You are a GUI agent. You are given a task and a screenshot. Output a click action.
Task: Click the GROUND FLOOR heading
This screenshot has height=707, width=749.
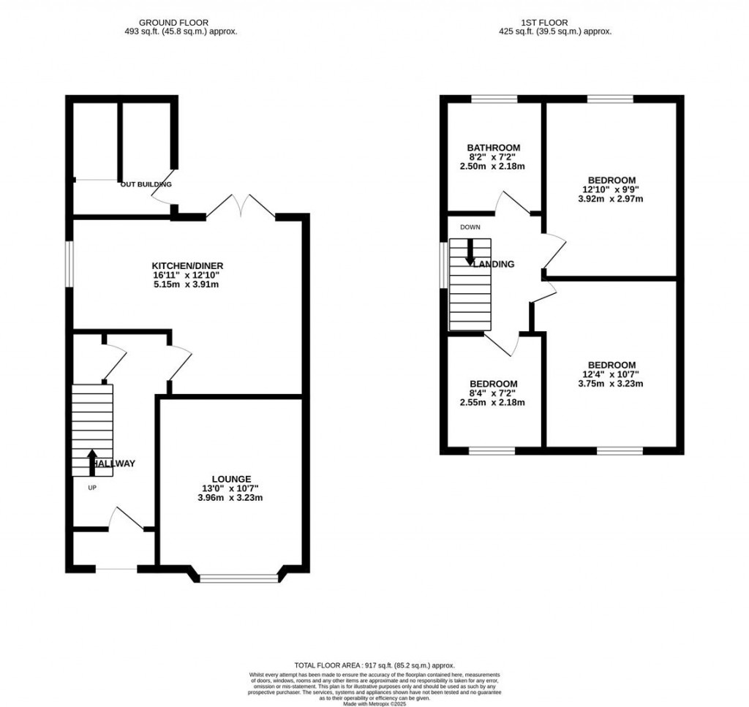click(x=181, y=23)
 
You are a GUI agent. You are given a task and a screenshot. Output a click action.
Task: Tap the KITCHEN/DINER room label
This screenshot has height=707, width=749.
click(x=187, y=265)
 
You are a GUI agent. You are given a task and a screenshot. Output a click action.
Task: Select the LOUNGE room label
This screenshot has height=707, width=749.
click(x=232, y=479)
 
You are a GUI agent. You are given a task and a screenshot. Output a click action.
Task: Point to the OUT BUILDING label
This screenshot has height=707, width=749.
click(x=146, y=184)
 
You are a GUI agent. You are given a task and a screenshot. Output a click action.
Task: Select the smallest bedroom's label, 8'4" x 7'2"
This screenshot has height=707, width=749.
click(x=494, y=393)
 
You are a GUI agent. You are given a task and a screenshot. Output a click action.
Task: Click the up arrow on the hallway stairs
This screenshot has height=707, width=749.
click(x=92, y=462)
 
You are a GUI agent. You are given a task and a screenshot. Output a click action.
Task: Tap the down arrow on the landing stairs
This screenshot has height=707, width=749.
click(x=470, y=252)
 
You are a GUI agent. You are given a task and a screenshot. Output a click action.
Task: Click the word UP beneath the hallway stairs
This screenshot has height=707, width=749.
click(x=92, y=488)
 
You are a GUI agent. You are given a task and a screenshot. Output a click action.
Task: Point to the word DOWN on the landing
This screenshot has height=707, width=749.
click(x=470, y=227)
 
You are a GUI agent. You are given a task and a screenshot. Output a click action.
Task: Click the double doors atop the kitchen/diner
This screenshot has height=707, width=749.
click(x=241, y=206)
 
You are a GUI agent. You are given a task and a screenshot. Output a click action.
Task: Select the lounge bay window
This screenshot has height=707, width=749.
click(x=239, y=578)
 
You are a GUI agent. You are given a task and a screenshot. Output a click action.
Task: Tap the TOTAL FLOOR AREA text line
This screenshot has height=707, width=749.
click(x=374, y=665)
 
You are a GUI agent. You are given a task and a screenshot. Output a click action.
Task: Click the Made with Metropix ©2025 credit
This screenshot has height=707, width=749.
click(x=374, y=703)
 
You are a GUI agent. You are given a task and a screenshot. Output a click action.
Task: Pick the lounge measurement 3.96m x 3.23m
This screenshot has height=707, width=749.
click(x=232, y=498)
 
